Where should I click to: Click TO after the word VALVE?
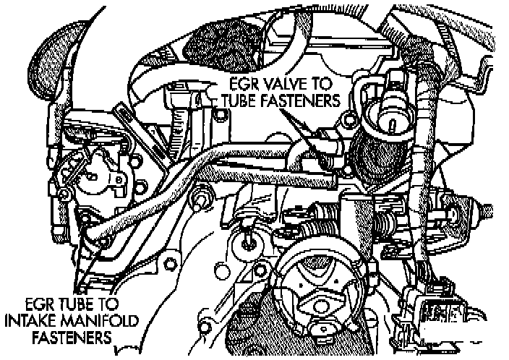(x=318, y=81)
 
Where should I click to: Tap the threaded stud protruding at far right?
(x=486, y=210)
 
